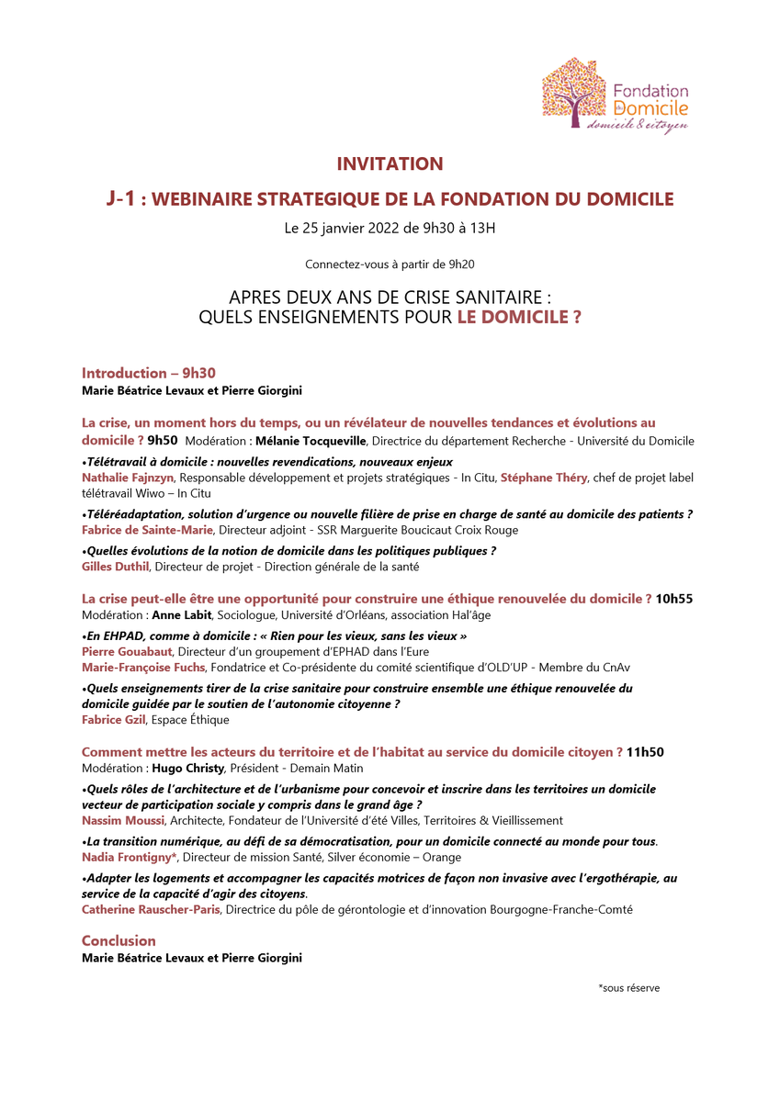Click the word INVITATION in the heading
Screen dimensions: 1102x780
390,164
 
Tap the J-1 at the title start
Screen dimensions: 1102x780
124,199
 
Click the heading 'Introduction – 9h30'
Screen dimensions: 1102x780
149,373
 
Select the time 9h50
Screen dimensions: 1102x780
162,441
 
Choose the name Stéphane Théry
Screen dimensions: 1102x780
542,478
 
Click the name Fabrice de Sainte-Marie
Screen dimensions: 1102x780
147,530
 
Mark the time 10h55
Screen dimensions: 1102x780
674,599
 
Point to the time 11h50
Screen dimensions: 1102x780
645,752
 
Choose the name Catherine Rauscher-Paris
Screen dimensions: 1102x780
152,909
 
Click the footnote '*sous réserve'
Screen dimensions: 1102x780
628,988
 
